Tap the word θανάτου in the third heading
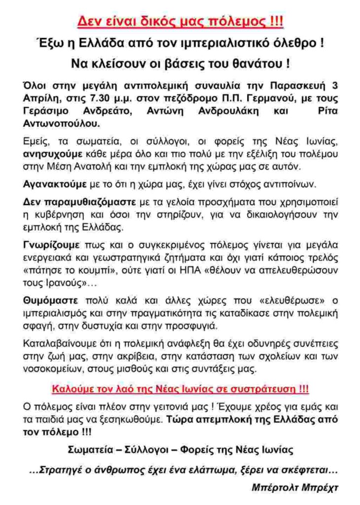point(257,65)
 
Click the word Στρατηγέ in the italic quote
point(61,470)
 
